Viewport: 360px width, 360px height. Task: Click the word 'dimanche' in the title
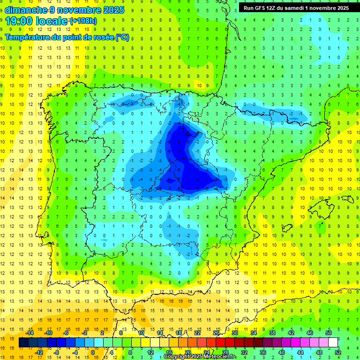click(x=24, y=10)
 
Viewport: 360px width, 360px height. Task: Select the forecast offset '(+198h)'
click(x=83, y=21)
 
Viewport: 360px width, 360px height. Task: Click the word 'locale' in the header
click(x=51, y=21)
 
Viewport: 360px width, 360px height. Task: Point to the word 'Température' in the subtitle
click(x=27, y=37)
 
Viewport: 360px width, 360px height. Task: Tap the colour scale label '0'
click(x=93, y=352)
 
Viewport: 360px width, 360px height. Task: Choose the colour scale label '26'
click(x=217, y=333)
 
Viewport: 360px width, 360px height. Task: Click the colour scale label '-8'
click(x=57, y=352)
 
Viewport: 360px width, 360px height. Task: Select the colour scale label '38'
click(x=272, y=333)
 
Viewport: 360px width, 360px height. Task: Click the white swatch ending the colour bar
click(x=333, y=343)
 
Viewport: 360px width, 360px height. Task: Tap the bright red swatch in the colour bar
click(x=220, y=343)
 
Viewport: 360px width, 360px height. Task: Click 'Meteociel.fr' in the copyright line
click(x=219, y=357)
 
